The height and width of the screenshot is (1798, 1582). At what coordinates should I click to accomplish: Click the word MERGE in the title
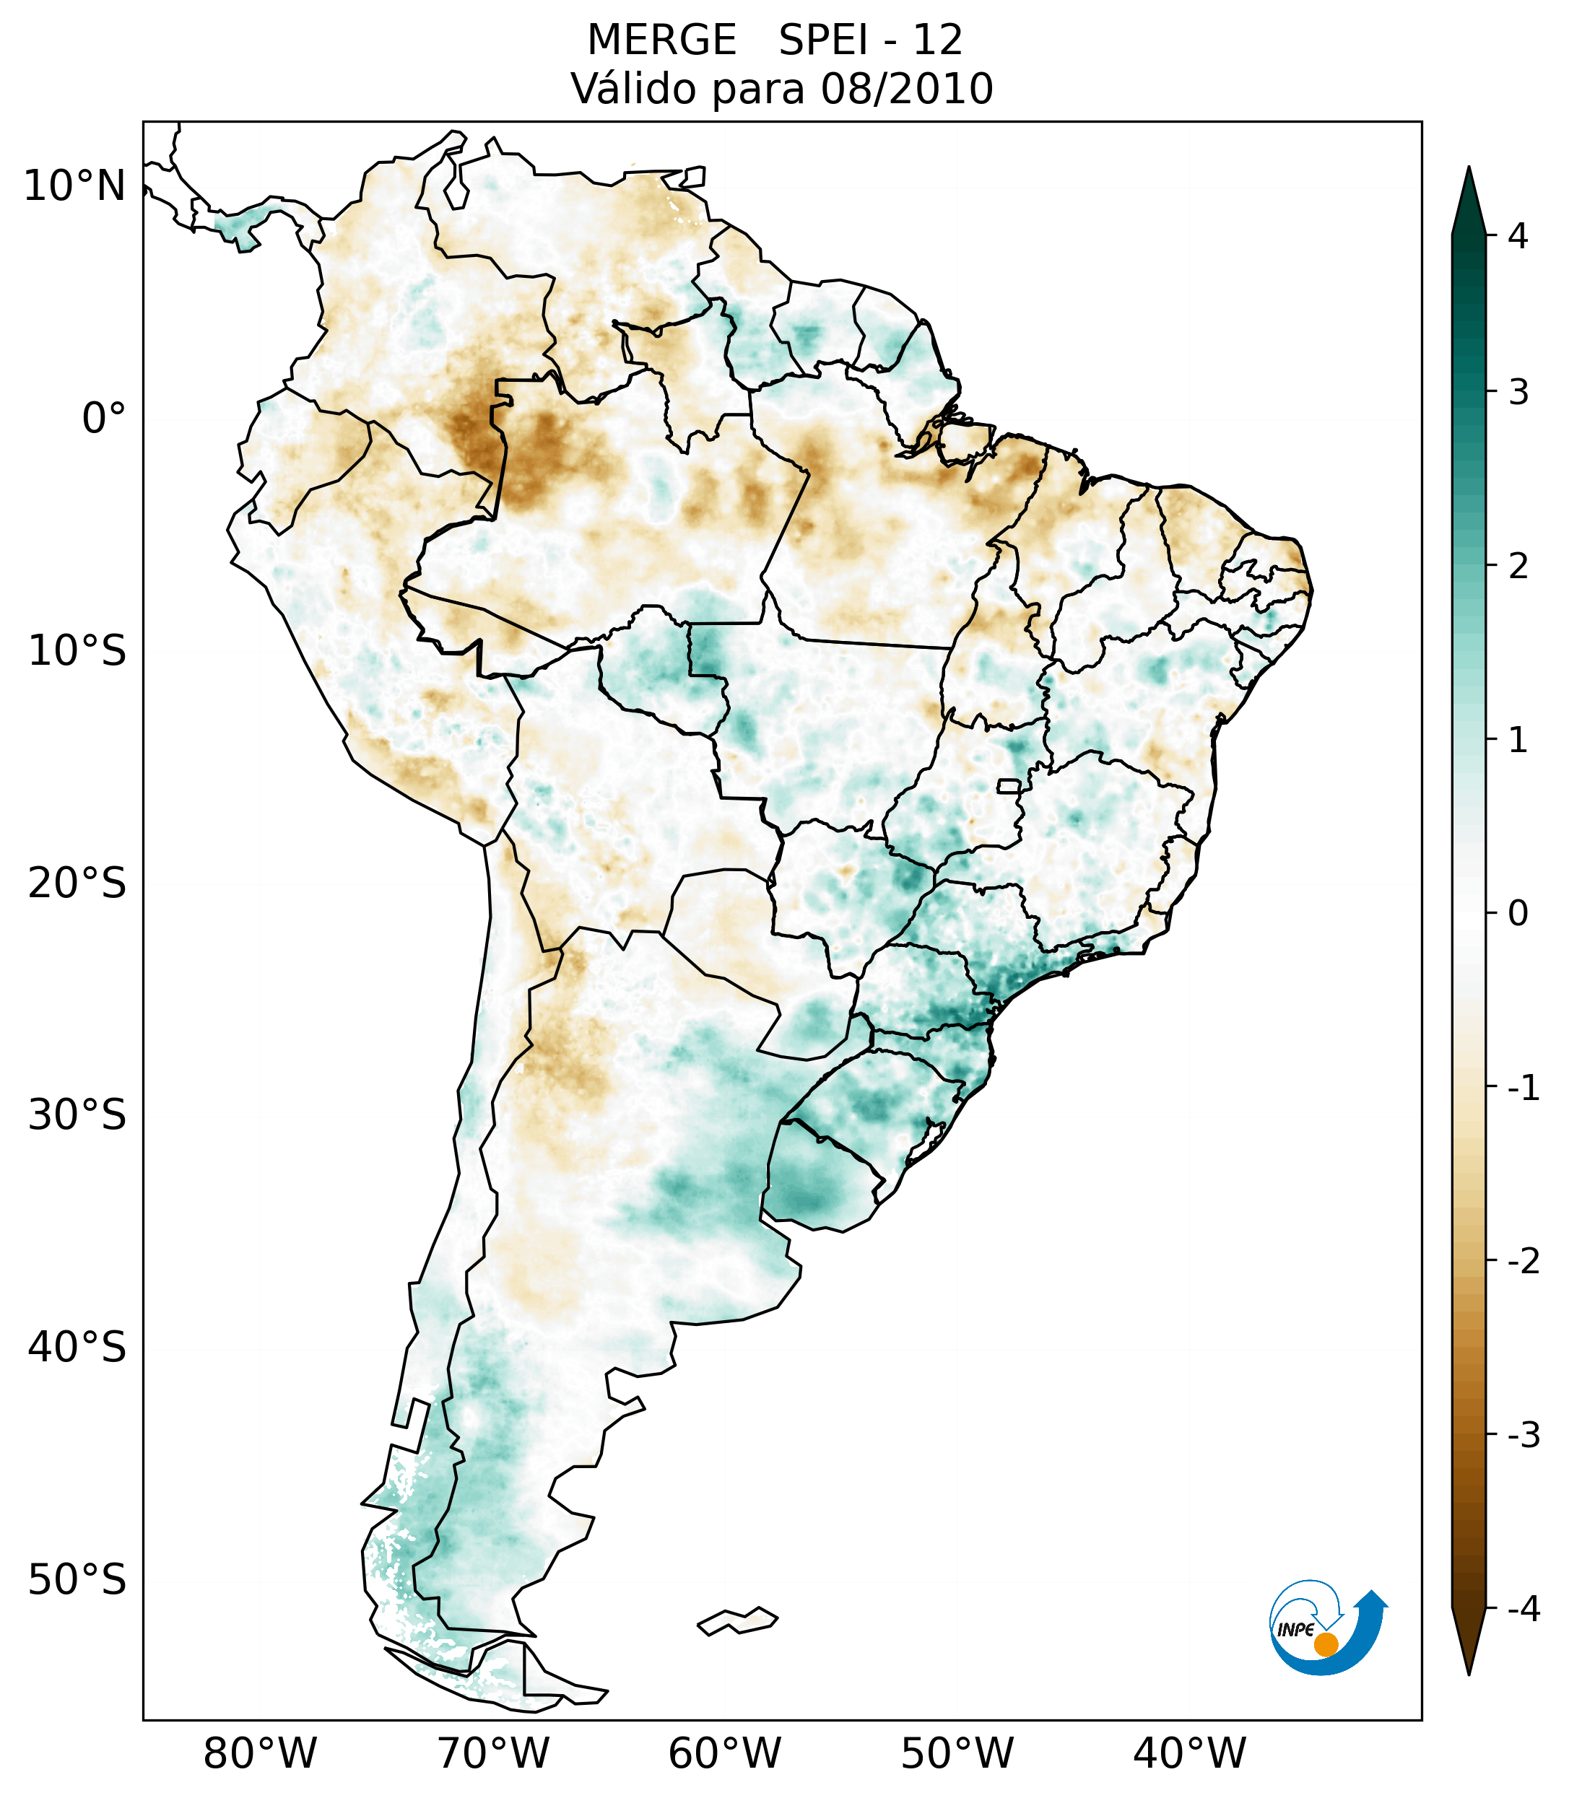point(661,40)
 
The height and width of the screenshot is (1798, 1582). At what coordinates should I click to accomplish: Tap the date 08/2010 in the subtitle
point(906,90)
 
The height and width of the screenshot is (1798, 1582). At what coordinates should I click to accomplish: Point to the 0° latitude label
point(104,419)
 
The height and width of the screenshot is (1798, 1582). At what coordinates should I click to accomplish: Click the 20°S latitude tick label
point(77,883)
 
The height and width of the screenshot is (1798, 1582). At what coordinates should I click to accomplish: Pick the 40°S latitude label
point(77,1348)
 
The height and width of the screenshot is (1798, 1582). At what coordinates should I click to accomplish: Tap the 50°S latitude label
point(77,1580)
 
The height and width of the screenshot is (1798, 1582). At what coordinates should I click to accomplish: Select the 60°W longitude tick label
point(724,1754)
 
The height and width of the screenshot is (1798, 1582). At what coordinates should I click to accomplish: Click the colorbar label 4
point(1518,236)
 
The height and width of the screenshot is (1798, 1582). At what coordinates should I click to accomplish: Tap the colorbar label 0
point(1518,914)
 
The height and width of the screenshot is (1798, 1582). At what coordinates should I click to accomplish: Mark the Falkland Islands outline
point(737,1620)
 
